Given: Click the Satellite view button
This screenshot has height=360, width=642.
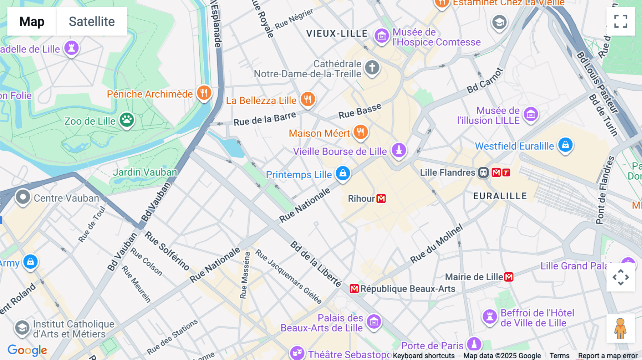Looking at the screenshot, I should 92,21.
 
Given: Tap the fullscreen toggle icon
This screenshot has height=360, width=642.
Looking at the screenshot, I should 621,21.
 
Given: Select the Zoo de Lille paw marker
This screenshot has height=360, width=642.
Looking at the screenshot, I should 127,120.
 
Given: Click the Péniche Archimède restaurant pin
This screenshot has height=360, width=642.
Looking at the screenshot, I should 204,93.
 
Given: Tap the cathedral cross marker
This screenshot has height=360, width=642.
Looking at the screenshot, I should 372,67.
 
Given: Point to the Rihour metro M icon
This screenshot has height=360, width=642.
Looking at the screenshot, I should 381,199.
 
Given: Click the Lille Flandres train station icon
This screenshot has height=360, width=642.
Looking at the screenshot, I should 483,173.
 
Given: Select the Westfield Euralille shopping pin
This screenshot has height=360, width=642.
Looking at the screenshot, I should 565,145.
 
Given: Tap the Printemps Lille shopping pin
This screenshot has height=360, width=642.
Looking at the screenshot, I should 343,174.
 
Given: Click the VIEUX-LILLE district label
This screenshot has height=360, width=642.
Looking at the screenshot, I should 337,34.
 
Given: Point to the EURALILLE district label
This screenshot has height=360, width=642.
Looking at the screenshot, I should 500,196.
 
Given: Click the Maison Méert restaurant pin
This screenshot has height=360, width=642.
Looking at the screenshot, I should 361,132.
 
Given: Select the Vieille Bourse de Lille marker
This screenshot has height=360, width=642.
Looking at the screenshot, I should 399,150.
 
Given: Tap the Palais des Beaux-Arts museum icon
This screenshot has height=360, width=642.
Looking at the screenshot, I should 374,322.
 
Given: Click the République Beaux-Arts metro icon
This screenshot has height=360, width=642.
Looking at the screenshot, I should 354,289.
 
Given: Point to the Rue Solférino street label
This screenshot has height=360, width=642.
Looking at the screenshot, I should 167,251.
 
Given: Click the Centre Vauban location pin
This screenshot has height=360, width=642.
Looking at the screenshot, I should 23,197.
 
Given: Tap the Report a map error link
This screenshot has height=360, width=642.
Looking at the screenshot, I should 607,356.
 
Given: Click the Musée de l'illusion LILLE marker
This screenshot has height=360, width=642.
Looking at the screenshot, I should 531,114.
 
